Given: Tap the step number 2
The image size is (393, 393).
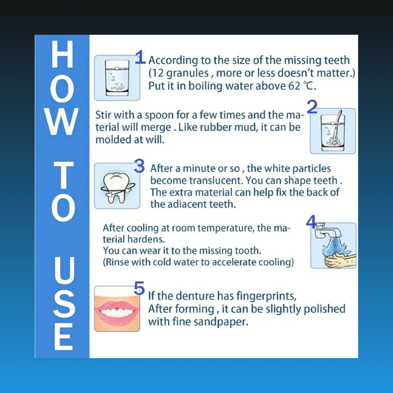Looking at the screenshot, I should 312,107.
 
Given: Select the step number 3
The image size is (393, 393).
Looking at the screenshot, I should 139,166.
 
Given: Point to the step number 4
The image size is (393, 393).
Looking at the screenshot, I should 311,222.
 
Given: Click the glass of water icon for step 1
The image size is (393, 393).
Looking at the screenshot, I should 117,78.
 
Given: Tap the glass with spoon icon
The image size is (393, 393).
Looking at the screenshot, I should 333,131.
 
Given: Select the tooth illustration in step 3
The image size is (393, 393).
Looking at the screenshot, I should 117,186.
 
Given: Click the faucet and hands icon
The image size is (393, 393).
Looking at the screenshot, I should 333,246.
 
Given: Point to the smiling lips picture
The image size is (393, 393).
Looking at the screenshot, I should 117,309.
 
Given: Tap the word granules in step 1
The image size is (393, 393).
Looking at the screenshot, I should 187,73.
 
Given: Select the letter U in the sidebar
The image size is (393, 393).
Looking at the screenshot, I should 62,271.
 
